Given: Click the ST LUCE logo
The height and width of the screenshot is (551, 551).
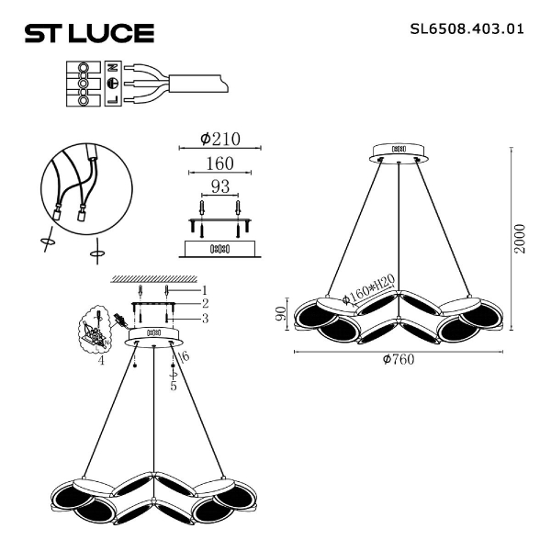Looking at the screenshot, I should (x=88, y=34).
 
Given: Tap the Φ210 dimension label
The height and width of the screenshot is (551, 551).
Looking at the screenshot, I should (x=219, y=139).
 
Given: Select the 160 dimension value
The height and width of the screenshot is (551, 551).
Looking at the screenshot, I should (x=219, y=164).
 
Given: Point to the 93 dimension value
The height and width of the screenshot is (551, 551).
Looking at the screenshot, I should (x=219, y=187).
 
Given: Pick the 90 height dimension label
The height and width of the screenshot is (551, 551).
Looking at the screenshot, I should (x=282, y=315).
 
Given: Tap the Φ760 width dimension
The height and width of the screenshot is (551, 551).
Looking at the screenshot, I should (x=398, y=359).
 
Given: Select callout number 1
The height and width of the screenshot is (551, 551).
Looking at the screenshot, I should (x=206, y=290).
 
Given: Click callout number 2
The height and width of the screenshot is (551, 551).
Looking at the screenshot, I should (x=206, y=303).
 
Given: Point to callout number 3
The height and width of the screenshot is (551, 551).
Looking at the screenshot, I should (x=206, y=318).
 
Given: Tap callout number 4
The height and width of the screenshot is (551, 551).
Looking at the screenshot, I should (x=101, y=361).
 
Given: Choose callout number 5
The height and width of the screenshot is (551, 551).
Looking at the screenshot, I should (x=172, y=386).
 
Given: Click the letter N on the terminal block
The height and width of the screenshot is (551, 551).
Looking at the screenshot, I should (x=113, y=68).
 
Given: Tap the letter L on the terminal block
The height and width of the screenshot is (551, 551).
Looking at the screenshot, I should (x=113, y=99).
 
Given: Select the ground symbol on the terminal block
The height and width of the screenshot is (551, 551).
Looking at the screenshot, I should (x=113, y=84).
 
